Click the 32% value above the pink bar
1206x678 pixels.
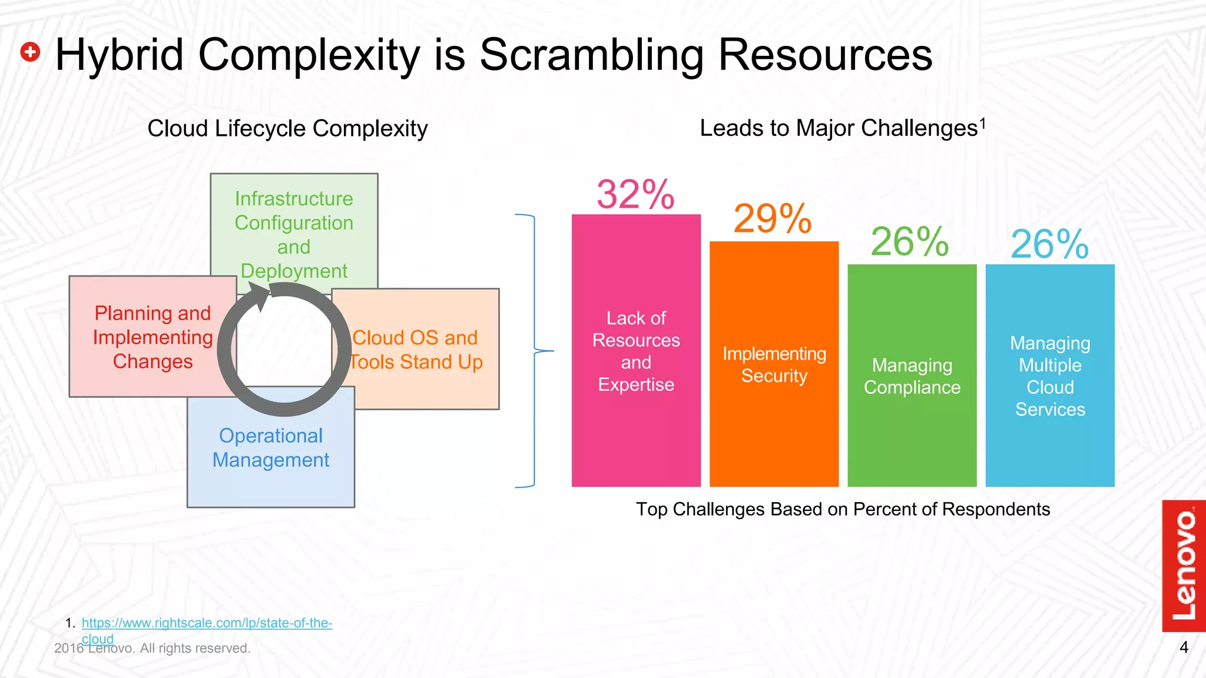635,194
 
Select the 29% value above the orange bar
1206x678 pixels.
773,219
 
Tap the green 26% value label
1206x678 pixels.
910,242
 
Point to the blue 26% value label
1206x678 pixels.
1049,244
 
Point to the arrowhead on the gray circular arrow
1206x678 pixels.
259,295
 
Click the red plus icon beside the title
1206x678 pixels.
30,52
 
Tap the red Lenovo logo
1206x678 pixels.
1184,566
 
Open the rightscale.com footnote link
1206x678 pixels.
207,623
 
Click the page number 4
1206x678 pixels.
1184,648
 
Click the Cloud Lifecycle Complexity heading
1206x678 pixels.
287,129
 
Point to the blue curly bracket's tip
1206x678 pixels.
552,351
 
